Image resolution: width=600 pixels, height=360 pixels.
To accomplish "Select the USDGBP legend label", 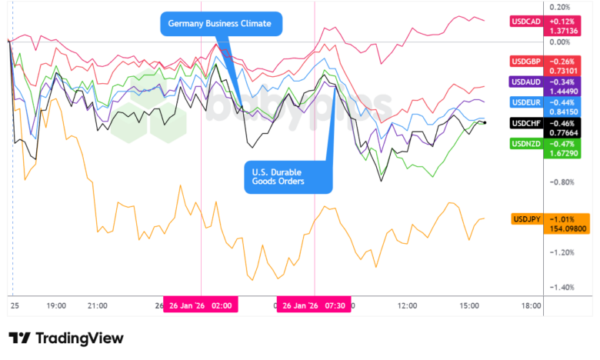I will (x=528, y=62).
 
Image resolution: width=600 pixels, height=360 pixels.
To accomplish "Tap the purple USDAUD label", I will (x=528, y=82).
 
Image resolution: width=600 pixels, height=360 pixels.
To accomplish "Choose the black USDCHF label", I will (x=528, y=122).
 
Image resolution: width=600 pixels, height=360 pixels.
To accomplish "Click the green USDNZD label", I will (x=528, y=143).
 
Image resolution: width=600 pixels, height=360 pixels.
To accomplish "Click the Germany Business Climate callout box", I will (x=221, y=24).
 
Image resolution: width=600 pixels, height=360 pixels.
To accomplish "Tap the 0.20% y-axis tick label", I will (x=558, y=6).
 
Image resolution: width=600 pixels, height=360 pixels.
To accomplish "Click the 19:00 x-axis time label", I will (x=56, y=305).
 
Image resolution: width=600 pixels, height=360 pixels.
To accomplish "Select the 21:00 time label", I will (x=97, y=305).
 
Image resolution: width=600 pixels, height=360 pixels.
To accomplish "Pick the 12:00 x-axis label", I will (x=407, y=305).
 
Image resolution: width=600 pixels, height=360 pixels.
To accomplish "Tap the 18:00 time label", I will (x=531, y=305).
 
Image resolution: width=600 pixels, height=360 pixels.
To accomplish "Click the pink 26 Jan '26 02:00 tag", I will (x=201, y=305).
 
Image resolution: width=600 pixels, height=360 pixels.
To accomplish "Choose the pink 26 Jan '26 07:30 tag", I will (x=314, y=305).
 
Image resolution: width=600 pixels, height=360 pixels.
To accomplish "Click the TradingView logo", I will (x=66, y=338).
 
